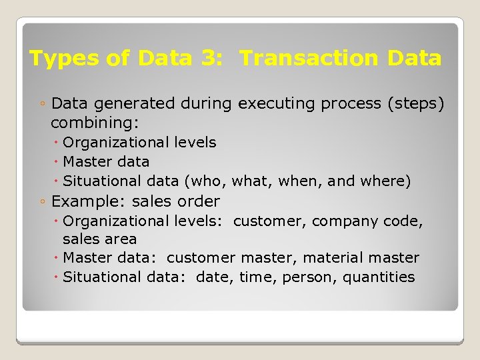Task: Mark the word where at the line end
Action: pos(389,181)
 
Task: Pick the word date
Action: pos(213,277)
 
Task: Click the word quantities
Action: pos(379,277)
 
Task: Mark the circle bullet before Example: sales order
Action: pos(42,201)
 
